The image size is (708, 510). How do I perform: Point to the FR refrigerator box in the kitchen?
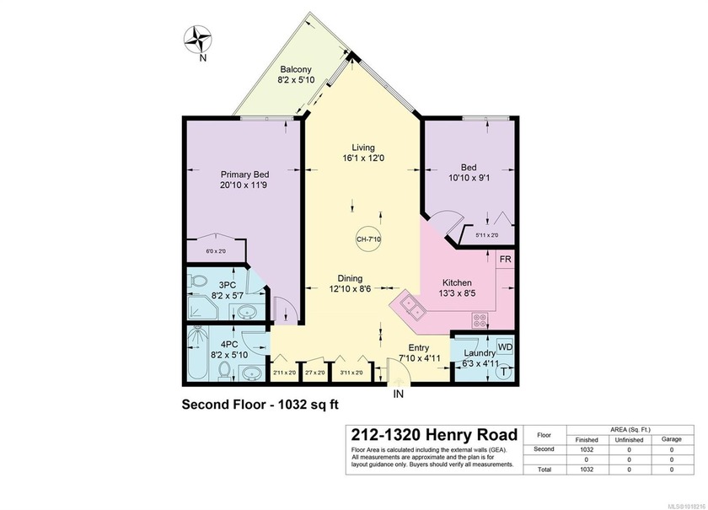point(505,259)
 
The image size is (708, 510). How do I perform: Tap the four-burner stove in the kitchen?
point(481,319)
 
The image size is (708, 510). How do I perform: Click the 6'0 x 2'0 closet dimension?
point(217,251)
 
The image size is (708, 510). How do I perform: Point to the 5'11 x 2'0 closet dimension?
point(486,235)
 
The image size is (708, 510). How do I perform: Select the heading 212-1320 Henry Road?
point(422,434)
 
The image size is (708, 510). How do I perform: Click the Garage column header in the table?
point(671,438)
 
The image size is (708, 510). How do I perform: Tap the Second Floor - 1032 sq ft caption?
point(260,404)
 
